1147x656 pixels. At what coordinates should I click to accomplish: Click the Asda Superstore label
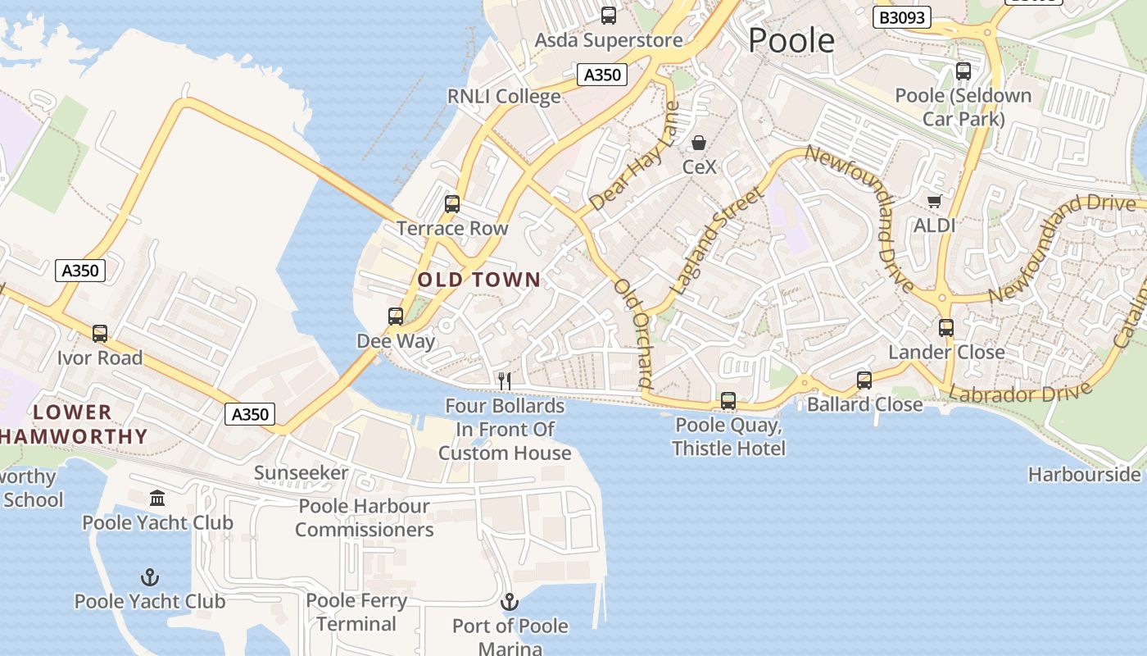(608, 40)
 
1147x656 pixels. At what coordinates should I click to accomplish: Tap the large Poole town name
(791, 40)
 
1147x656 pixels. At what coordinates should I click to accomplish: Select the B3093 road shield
(901, 17)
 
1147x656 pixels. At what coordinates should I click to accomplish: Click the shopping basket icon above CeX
(699, 143)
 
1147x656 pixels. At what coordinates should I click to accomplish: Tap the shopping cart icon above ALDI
(934, 201)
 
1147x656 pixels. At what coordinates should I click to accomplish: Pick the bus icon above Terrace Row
(452, 204)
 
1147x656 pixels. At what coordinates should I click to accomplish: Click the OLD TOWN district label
(479, 280)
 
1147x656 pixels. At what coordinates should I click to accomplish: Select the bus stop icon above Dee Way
(396, 317)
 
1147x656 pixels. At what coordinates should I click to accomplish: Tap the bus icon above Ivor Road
(100, 334)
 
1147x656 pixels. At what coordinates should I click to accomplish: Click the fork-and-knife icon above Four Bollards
(505, 380)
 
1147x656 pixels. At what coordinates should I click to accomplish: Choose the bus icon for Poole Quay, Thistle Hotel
(728, 401)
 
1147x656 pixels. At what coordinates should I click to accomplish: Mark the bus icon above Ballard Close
(864, 380)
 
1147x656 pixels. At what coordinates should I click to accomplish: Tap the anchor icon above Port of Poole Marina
(510, 603)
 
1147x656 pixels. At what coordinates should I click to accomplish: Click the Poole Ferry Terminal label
(356, 613)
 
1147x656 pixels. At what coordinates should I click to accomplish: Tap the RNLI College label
(504, 97)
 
